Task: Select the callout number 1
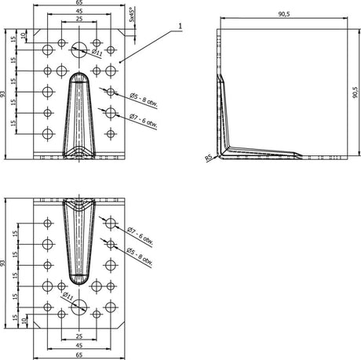180,26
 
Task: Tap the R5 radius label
209,158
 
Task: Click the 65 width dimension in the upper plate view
78,4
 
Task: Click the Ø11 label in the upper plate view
97,53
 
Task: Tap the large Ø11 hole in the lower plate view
79,308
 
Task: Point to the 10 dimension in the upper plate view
26,36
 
